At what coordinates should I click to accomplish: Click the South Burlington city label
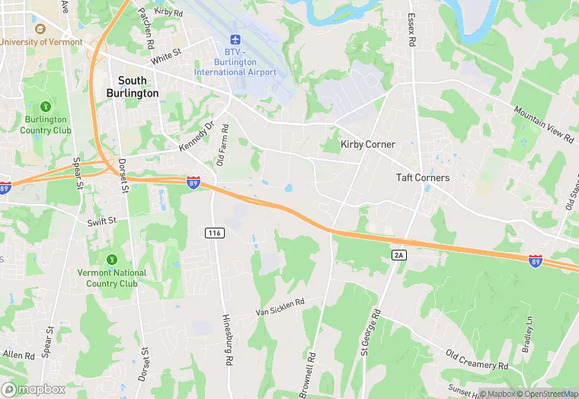point(138,86)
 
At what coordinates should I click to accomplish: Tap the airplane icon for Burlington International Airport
point(235,39)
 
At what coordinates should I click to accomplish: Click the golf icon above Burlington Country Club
point(45,106)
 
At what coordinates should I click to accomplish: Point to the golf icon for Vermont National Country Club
point(112,260)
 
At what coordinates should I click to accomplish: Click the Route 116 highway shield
point(215,232)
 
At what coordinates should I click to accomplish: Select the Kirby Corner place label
point(368,145)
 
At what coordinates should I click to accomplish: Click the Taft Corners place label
point(423,178)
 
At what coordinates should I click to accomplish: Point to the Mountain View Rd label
point(542,123)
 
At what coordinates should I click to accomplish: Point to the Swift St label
point(101,220)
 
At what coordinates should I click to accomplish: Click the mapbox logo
point(34,389)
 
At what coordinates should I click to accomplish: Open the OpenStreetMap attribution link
point(545,394)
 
